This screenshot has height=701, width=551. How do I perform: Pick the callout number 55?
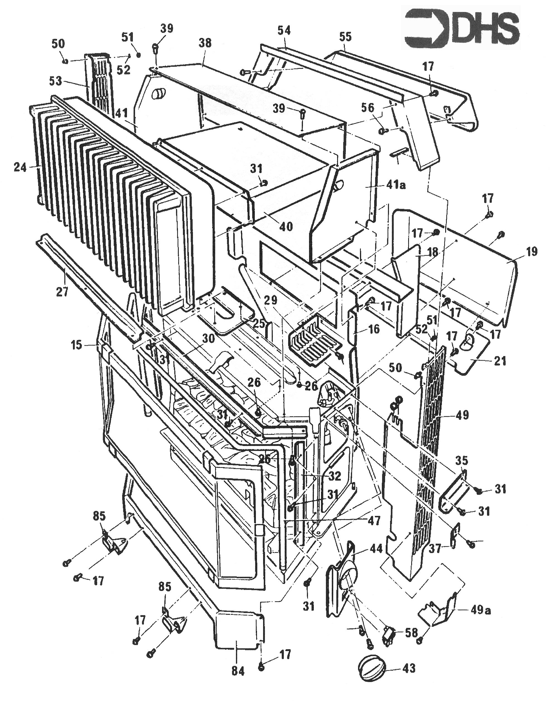(x=345, y=37)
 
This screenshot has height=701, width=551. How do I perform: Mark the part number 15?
(x=77, y=345)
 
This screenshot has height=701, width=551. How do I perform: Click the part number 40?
(x=286, y=226)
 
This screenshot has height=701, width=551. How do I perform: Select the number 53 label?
(x=56, y=81)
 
